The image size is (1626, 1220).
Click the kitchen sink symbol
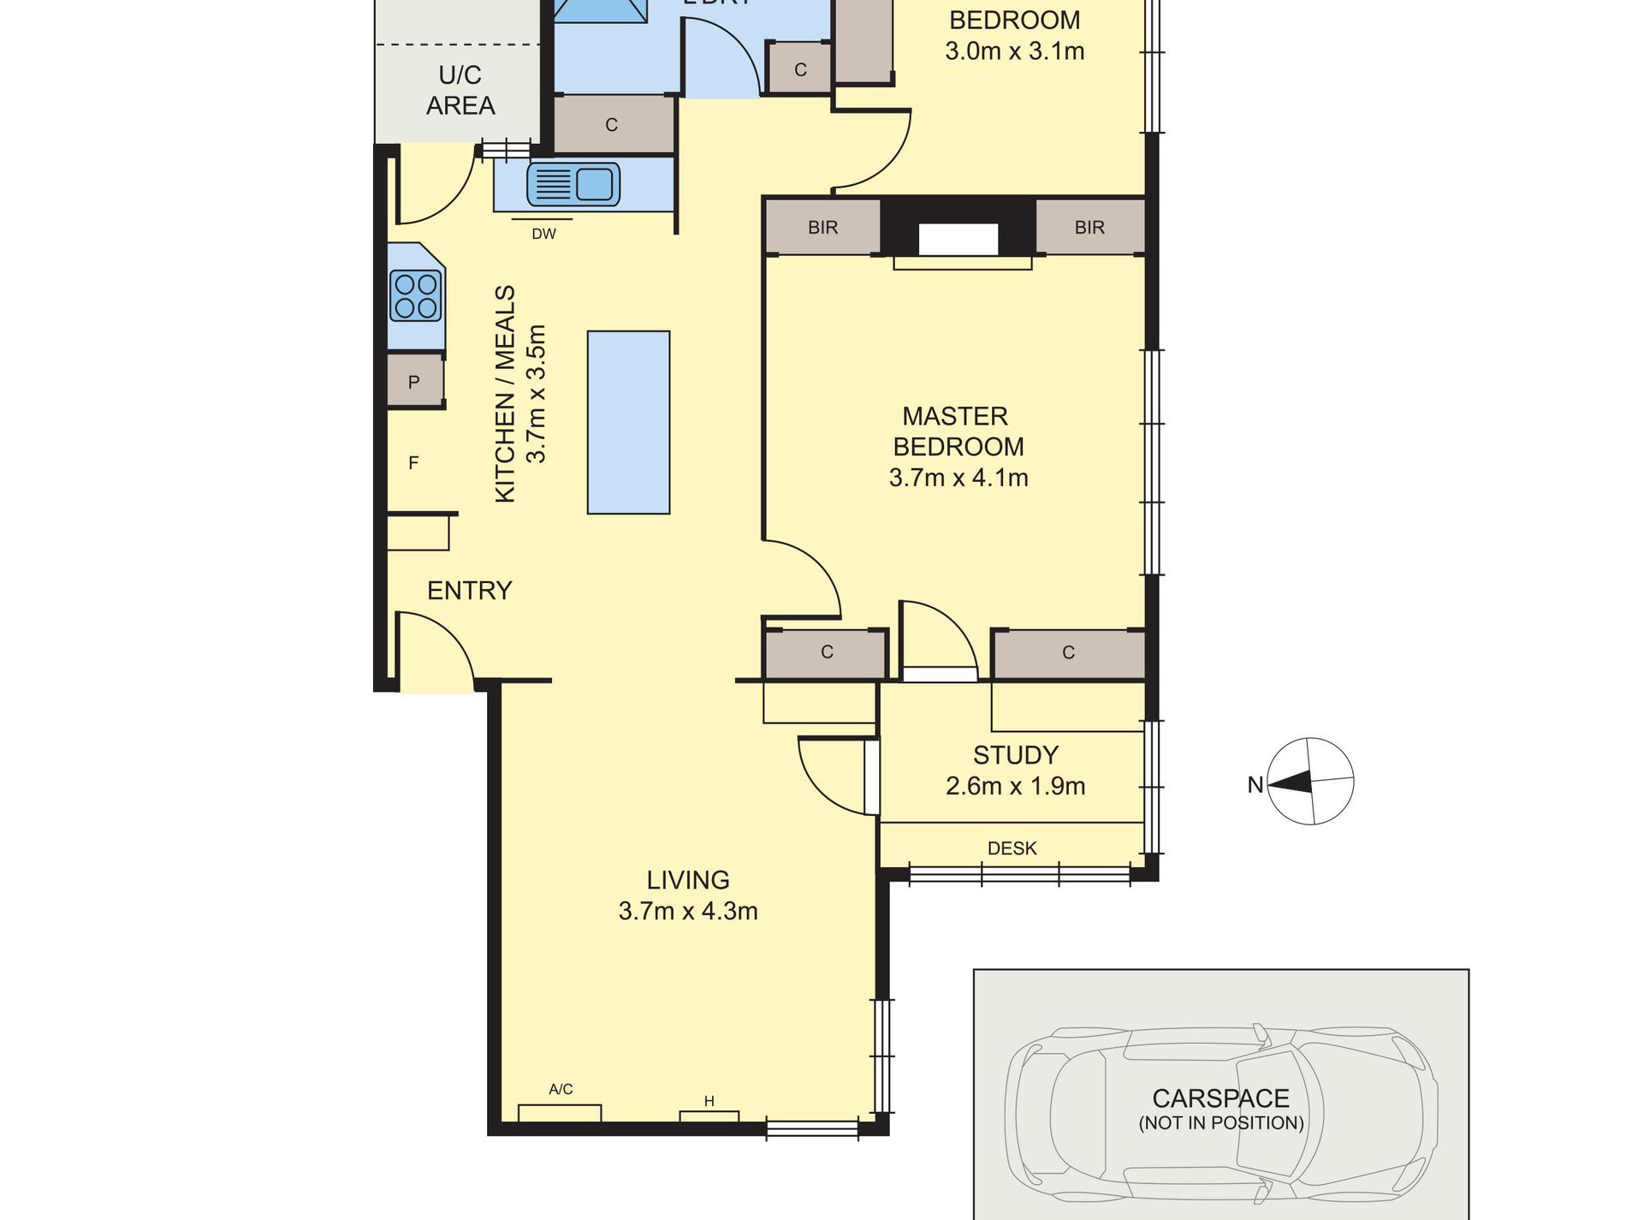tap(573, 184)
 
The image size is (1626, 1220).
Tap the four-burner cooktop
tap(416, 295)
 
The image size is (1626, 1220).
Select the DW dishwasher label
tap(543, 234)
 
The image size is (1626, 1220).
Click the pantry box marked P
tap(414, 382)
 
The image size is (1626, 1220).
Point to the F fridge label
tap(413, 463)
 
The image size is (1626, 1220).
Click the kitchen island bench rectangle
tap(628, 422)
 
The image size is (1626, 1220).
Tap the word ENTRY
tap(469, 591)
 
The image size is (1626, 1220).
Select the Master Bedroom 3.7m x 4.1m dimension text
tap(958, 478)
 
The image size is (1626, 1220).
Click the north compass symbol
tap(1309, 781)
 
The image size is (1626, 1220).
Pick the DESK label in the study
tap(1012, 848)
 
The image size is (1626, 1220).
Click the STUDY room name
tap(1015, 755)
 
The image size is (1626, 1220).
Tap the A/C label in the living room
tap(561, 1089)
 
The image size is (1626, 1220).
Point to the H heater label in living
tap(709, 1101)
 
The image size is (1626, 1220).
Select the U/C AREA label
tap(460, 90)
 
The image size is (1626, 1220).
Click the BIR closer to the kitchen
tap(822, 228)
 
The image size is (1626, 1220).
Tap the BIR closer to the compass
tap(1089, 228)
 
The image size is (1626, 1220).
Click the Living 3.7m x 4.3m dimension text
tap(688, 911)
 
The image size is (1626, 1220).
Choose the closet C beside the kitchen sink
tap(611, 125)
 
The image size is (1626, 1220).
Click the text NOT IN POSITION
tap(1221, 1123)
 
